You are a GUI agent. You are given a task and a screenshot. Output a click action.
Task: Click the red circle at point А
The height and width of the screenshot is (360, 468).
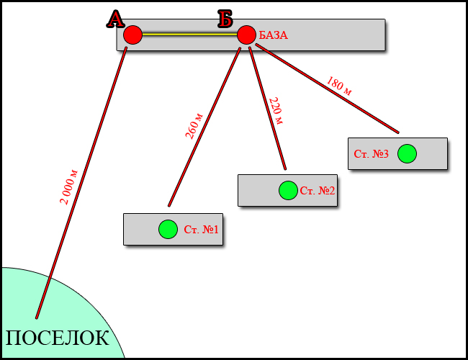pyautogui.click(x=132, y=35)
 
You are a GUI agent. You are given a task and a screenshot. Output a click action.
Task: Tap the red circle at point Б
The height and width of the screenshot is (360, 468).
pyautogui.click(x=246, y=35)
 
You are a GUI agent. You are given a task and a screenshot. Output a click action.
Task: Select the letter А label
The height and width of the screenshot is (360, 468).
pyautogui.click(x=115, y=19)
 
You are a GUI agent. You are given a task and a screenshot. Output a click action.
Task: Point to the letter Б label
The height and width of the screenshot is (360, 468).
pyautogui.click(x=225, y=19)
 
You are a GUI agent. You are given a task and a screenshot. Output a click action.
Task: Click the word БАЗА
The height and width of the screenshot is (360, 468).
pyautogui.click(x=274, y=35)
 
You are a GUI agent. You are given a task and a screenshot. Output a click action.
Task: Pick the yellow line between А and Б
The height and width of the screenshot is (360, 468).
pyautogui.click(x=189, y=34)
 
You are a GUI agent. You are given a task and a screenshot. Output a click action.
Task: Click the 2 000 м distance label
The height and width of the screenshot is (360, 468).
pyautogui.click(x=69, y=187)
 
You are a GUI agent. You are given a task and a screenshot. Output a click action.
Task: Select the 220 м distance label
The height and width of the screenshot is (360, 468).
pyautogui.click(x=275, y=110)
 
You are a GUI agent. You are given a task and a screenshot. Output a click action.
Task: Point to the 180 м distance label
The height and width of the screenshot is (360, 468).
pyautogui.click(x=339, y=86)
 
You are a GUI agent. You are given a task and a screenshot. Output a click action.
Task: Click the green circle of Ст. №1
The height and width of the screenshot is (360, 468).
pyautogui.click(x=168, y=229)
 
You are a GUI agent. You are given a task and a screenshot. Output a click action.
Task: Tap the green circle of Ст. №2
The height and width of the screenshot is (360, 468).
pyautogui.click(x=288, y=190)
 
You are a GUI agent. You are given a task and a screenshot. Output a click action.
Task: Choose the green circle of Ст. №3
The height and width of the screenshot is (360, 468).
pyautogui.click(x=407, y=154)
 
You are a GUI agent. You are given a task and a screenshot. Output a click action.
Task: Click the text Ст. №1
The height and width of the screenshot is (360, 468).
pyautogui.click(x=201, y=230)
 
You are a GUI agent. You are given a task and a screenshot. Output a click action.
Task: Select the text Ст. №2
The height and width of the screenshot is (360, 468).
pyautogui.click(x=318, y=191)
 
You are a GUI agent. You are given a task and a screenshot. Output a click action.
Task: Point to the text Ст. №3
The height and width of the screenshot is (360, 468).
pyautogui.click(x=372, y=155)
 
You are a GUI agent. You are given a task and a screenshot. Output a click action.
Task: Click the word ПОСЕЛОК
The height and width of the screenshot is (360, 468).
pyautogui.click(x=58, y=338)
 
